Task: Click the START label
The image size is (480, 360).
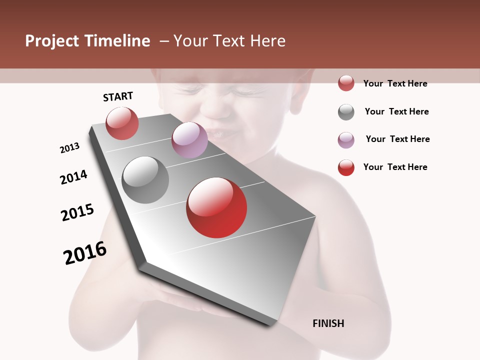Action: click(x=118, y=96)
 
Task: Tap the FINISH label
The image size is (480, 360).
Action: click(x=328, y=323)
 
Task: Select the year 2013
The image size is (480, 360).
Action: click(x=70, y=148)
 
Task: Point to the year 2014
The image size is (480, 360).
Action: click(x=74, y=177)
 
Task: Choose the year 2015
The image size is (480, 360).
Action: click(x=77, y=212)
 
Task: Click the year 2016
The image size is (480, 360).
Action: click(x=85, y=253)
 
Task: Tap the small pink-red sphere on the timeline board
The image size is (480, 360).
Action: click(x=122, y=123)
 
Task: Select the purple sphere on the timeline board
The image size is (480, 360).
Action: click(x=189, y=139)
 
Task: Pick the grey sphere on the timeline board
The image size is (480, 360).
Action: click(x=145, y=179)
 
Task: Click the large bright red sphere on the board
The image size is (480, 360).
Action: click(x=216, y=207)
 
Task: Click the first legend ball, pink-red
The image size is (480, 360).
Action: click(x=346, y=83)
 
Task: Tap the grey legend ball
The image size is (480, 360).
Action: click(x=346, y=112)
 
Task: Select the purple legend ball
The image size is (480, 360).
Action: click(x=346, y=140)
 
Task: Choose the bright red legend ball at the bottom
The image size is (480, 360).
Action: click(x=346, y=167)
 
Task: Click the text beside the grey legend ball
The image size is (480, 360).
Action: click(x=396, y=111)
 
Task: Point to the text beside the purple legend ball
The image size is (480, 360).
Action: click(x=397, y=139)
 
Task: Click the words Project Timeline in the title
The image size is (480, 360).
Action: click(x=87, y=41)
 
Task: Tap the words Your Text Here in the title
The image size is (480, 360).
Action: click(x=229, y=41)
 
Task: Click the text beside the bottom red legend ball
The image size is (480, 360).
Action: click(x=395, y=167)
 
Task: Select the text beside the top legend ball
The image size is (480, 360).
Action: click(x=395, y=83)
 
